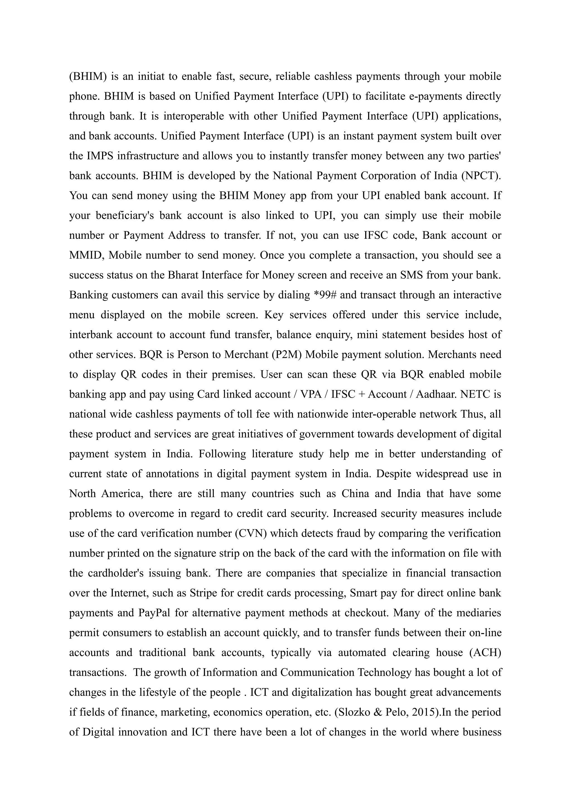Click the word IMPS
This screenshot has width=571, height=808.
tap(100, 156)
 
